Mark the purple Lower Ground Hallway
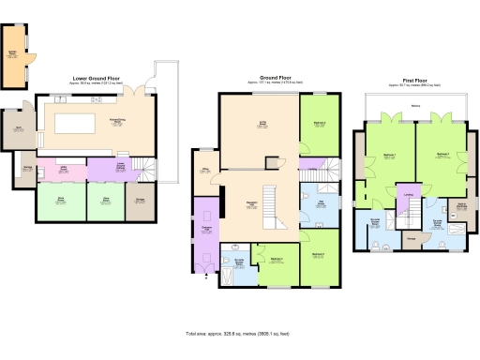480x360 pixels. (x=120, y=170)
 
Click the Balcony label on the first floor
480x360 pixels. (x=415, y=106)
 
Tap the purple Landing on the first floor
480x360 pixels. (x=407, y=197)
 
